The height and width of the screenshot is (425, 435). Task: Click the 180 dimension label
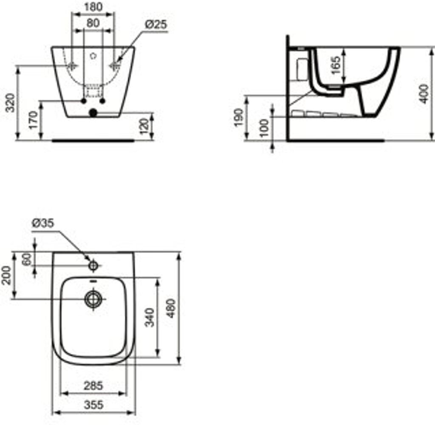(x=93, y=7)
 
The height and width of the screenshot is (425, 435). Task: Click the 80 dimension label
(x=93, y=23)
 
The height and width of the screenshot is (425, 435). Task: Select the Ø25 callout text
(x=156, y=24)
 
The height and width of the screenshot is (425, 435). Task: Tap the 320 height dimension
(x=11, y=103)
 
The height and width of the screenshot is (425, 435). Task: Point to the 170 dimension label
(x=33, y=120)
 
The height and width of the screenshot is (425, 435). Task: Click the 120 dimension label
(x=144, y=126)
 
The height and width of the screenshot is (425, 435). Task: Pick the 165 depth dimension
(x=336, y=65)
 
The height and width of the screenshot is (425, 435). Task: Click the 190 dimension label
(x=239, y=117)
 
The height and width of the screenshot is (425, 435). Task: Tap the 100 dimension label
(x=265, y=128)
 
